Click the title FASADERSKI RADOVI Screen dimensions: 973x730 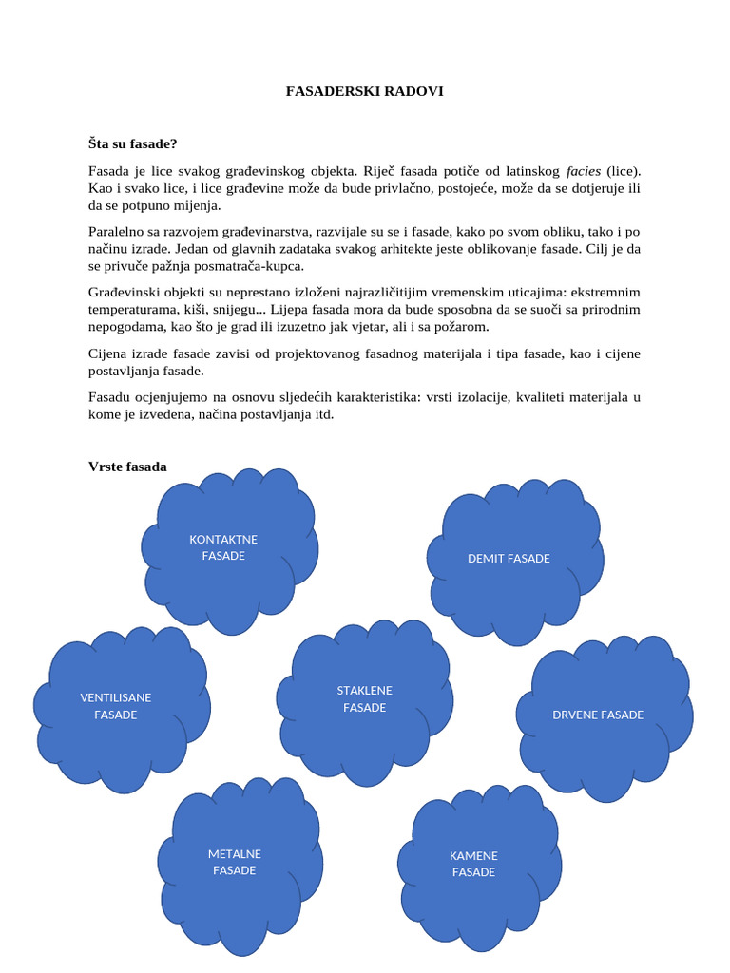pyautogui.click(x=365, y=91)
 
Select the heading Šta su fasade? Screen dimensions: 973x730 pyautogui.click(x=133, y=143)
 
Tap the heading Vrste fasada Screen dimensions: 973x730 pyautogui.click(x=127, y=467)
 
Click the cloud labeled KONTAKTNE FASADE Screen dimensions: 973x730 pyautogui.click(x=224, y=548)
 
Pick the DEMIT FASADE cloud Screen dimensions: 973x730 pyautogui.click(x=509, y=559)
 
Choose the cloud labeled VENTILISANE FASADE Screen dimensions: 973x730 pyautogui.click(x=116, y=706)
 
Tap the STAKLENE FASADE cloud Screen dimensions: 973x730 pyautogui.click(x=364, y=699)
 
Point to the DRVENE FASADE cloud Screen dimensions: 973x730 pyautogui.click(x=598, y=715)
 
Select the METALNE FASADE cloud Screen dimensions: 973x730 pyautogui.click(x=235, y=862)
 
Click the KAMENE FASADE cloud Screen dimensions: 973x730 pyautogui.click(x=473, y=864)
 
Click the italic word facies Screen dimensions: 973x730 pyautogui.click(x=584, y=171)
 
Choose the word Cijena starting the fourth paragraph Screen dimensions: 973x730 pyautogui.click(x=108, y=353)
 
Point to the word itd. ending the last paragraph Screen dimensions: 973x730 pyautogui.click(x=324, y=414)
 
